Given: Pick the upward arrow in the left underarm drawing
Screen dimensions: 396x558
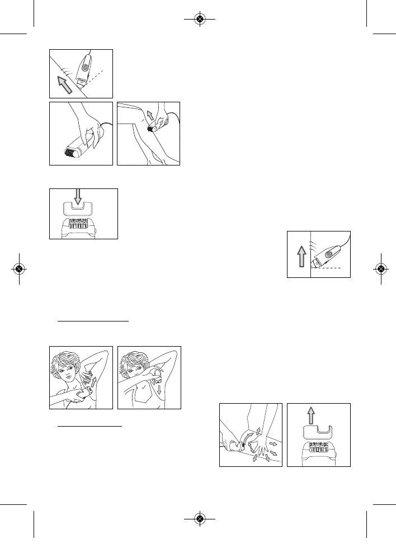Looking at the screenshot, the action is coord(93,384).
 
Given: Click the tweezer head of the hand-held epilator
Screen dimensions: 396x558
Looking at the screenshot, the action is coord(71,151).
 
